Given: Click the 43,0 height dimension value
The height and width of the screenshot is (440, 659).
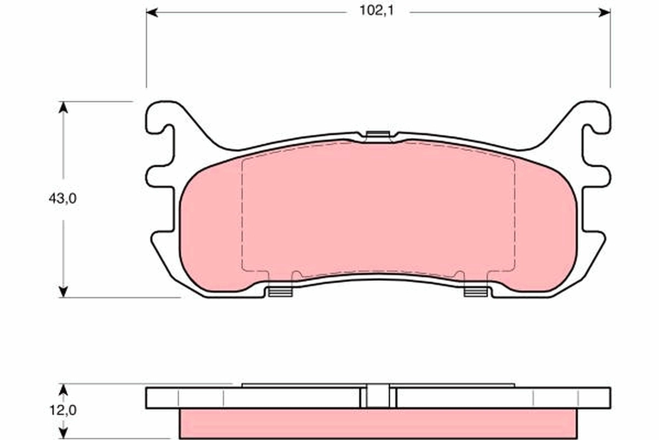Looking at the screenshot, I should coord(62,199).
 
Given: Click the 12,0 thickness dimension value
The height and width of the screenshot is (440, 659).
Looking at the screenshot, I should coord(62,410).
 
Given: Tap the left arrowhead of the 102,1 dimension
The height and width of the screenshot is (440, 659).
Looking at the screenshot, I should coord(152,12).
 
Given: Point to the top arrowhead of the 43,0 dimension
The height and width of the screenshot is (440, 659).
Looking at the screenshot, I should coord(63,107).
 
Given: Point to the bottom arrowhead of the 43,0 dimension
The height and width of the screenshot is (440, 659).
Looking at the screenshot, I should coord(63,291).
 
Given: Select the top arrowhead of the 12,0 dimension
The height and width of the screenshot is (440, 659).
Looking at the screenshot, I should coord(63,389).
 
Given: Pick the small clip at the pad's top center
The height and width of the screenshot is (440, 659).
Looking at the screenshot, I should coord(377,135).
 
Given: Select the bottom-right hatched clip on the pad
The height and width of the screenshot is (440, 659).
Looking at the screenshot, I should coord(476,291).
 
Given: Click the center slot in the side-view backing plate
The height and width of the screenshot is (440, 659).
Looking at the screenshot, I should coord(378,397).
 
